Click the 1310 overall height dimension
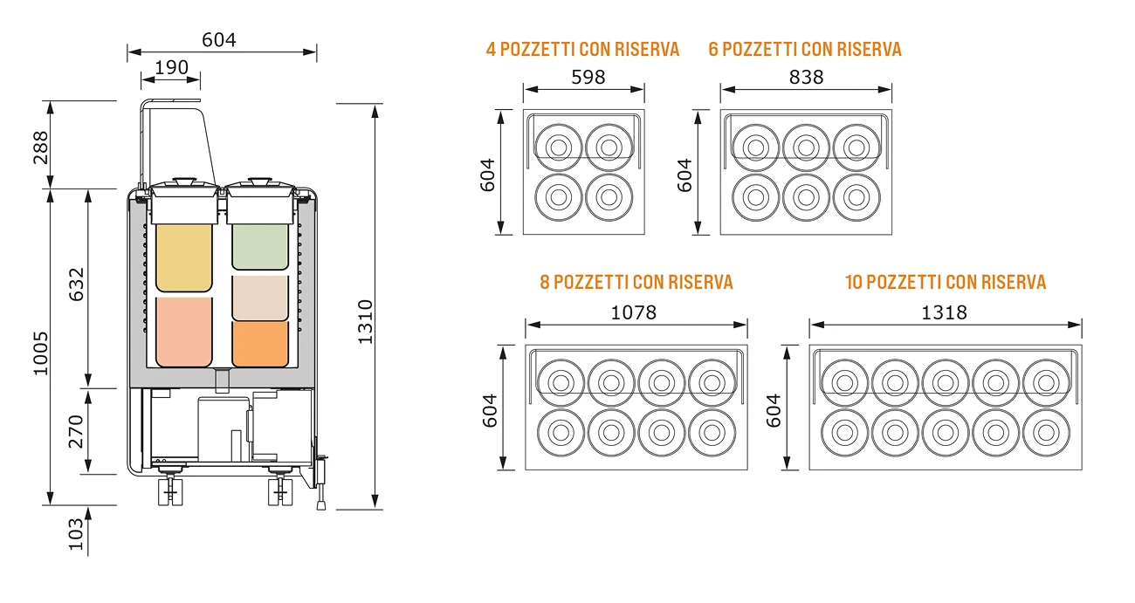pos(365,322)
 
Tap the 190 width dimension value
pos(171,67)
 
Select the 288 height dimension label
pos(41,147)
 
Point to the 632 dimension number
pos(77,284)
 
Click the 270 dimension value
pos(76,432)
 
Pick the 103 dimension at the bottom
pos(76,534)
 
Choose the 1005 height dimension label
pos(41,353)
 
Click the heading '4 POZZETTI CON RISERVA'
pos(582,50)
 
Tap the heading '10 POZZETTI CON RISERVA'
pos(946,283)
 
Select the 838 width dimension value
pos(806,78)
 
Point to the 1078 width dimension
pos(634,313)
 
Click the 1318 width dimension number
pos(944,313)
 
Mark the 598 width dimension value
pos(588,78)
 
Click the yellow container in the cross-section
pos(184,257)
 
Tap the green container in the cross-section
pos(260,247)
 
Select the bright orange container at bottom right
pos(260,344)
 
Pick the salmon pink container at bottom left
pos(184,332)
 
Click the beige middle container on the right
pos(260,298)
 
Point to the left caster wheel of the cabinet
pos(171,490)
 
